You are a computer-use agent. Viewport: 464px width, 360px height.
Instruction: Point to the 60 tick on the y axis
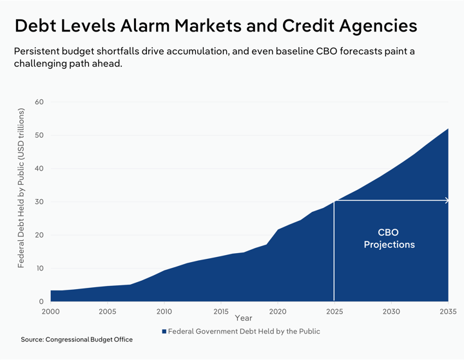(39, 102)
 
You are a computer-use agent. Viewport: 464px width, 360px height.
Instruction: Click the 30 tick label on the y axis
(39, 202)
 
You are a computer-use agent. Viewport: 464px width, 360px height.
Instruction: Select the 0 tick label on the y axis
(41, 301)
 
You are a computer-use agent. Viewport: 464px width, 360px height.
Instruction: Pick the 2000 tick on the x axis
(51, 312)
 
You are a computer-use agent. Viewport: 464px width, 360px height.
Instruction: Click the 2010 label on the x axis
(164, 312)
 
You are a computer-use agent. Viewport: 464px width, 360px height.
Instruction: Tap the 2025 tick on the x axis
(334, 312)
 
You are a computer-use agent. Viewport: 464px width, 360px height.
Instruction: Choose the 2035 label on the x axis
(447, 312)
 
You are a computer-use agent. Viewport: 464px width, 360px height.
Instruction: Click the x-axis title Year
(244, 318)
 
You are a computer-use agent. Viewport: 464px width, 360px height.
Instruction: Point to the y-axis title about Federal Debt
(21, 189)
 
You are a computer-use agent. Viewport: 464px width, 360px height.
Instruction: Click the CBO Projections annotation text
(389, 238)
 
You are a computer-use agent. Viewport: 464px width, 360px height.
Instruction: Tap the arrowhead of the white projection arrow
(446, 201)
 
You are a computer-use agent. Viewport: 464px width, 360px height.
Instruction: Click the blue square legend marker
(164, 332)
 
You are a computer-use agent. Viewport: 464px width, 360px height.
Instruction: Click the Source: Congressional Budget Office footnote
(77, 339)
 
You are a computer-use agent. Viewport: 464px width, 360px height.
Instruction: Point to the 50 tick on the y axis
(39, 135)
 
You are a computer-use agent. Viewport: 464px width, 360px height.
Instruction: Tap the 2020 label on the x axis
(278, 312)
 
